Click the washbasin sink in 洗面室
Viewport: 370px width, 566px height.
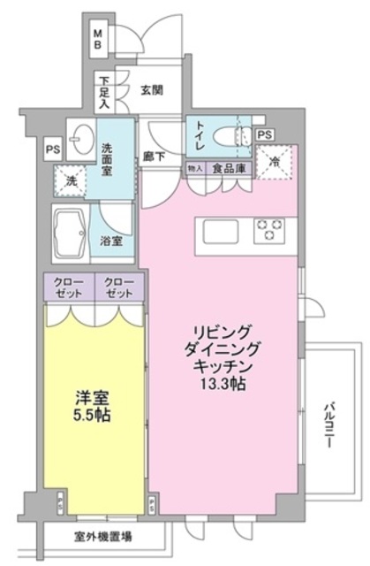click(x=83, y=139)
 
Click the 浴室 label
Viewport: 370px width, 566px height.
click(x=111, y=241)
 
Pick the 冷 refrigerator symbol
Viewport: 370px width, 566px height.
click(x=275, y=163)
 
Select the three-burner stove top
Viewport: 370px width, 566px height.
click(x=268, y=232)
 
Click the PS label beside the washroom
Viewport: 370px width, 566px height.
click(x=52, y=149)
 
